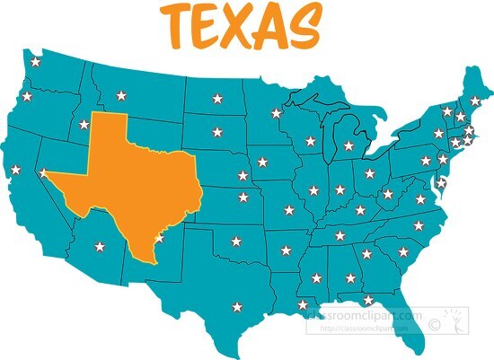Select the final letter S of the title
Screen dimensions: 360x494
301,27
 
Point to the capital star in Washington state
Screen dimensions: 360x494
35,62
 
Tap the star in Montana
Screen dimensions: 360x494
121,95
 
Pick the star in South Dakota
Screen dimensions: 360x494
216,132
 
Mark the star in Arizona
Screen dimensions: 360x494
99,243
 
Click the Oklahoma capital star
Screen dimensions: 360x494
236,241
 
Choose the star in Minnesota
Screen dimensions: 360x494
276,113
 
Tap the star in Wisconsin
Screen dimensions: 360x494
311,141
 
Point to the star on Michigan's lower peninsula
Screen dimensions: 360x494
348,145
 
